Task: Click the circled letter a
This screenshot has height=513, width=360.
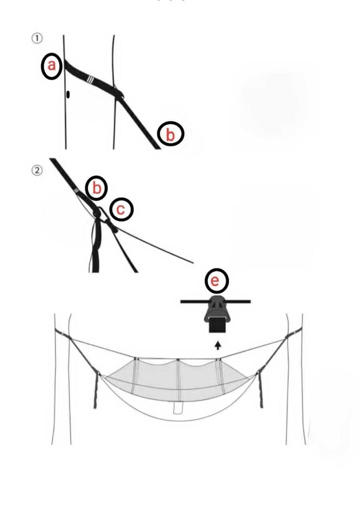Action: [x=51, y=66]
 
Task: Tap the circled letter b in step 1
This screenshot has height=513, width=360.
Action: [x=171, y=134]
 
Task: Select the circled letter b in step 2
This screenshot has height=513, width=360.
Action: [x=97, y=188]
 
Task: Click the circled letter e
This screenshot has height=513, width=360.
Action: [x=216, y=281]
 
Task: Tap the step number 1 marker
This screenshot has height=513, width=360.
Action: [x=37, y=39]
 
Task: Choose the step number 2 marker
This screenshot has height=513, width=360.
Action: [x=37, y=171]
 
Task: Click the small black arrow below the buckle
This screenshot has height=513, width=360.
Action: [x=218, y=346]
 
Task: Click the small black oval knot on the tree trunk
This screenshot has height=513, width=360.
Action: [x=68, y=94]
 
